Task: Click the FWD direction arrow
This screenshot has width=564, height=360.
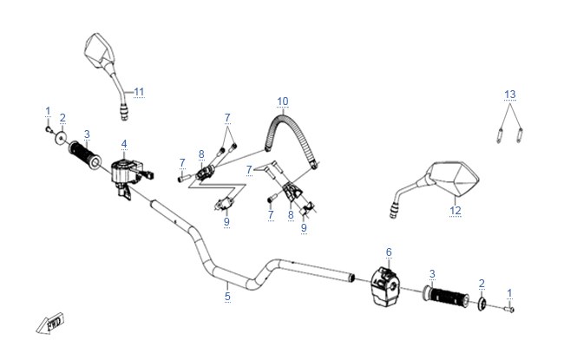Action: pos(50,323)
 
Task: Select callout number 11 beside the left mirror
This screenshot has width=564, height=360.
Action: pos(139,91)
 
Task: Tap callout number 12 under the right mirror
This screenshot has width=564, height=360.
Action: pos(456,210)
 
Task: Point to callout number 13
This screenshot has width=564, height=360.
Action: pos(510,95)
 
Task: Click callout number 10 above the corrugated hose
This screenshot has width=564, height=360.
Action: pos(283,101)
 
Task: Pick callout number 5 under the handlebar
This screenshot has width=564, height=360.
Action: pos(227,297)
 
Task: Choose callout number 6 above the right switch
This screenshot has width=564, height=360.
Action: pos(389,252)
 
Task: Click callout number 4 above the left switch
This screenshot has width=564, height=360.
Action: pos(124,144)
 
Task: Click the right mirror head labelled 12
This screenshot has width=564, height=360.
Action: pos(454,177)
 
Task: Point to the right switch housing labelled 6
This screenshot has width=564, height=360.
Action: pos(385,286)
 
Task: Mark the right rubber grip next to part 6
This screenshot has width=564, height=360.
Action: pos(446,296)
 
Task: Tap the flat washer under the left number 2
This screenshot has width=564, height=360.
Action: pos(61,138)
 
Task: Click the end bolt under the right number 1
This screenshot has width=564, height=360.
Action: pos(509,309)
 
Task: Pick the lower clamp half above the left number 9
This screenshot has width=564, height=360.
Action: pos(225,204)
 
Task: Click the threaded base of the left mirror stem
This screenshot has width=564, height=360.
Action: pos(124,112)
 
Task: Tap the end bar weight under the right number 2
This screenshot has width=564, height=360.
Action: pos(482,304)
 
